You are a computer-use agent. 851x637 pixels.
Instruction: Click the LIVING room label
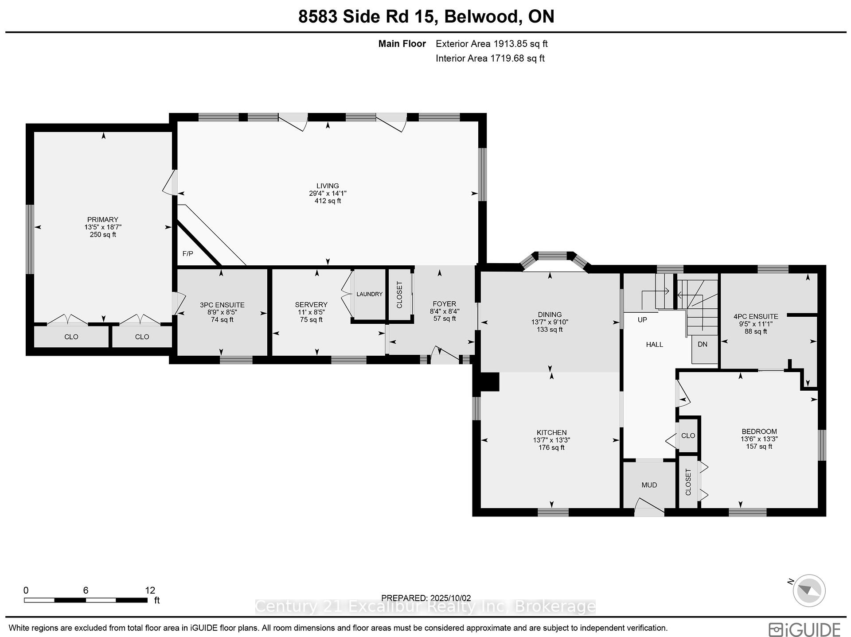point(328,186)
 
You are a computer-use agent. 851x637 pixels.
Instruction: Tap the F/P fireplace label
point(188,254)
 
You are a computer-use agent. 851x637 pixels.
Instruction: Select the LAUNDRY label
point(369,294)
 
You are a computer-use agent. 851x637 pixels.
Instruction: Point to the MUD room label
point(649,485)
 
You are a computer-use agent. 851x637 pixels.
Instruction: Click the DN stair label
point(703,344)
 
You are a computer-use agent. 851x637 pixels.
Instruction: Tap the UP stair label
point(642,320)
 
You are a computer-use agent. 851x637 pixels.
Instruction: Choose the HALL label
point(654,345)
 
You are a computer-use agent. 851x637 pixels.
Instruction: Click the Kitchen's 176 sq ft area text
point(551,447)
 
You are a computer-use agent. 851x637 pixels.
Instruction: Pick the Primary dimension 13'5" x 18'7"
point(103,227)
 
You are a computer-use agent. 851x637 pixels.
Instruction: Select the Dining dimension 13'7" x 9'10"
point(550,322)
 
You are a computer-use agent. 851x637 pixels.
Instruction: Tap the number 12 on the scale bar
point(150,590)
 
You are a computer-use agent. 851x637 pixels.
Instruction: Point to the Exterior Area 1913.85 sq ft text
point(492,44)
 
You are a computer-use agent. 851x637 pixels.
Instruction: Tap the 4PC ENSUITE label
point(756,317)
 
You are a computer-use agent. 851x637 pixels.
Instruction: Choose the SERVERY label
point(311,305)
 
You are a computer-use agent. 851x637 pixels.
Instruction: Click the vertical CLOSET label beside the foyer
point(399,295)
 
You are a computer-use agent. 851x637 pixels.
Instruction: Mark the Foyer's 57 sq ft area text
point(445,318)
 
